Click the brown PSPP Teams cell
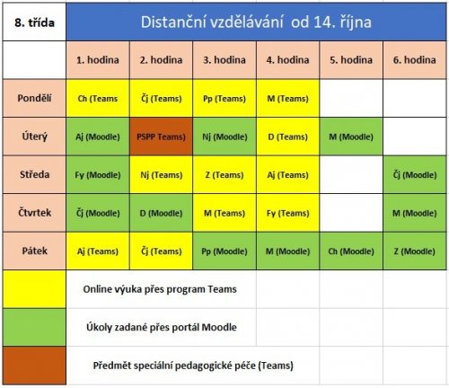161,137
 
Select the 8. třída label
34,22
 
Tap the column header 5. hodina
351,60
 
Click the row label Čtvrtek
34,213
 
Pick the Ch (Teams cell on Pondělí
98,98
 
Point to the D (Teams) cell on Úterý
287,137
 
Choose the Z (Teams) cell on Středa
224,174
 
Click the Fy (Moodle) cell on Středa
98,174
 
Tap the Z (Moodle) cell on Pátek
415,251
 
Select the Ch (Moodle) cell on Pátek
351,251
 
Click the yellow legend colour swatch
34,289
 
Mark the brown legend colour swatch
34,366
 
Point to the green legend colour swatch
34,327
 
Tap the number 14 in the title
324,22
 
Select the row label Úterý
34,137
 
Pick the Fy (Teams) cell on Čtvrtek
287,213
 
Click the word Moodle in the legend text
219,327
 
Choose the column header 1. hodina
98,60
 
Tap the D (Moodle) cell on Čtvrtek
161,213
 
